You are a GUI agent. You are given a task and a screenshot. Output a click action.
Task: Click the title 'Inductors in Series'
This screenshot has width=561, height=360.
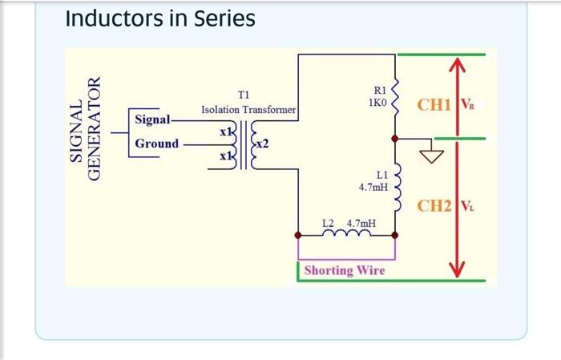160,18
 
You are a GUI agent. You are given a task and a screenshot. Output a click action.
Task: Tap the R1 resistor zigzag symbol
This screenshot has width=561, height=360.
395,97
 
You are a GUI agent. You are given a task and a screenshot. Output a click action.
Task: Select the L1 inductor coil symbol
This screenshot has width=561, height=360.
397,187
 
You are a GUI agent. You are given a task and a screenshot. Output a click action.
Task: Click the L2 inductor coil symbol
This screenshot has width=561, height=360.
346,233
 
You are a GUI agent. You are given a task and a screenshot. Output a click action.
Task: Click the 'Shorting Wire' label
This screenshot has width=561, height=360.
345,270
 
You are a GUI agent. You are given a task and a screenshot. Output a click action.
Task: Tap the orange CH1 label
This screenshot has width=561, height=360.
434,105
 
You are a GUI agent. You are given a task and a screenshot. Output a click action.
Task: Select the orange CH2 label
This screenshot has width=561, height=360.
434,206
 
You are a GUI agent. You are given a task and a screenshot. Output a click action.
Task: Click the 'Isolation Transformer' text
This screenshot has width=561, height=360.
248,110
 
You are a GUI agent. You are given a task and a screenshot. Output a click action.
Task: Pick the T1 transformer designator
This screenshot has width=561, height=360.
244,95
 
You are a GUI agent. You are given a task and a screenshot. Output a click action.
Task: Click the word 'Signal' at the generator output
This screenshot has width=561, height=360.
153,119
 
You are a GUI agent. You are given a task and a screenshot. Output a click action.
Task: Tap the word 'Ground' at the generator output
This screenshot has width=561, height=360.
157,144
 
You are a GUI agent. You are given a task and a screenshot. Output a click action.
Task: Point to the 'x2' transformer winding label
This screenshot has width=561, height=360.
262,144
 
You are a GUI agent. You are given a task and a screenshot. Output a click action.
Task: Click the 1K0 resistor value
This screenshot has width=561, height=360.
377,103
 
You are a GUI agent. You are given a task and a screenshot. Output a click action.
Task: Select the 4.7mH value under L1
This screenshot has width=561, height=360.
373,187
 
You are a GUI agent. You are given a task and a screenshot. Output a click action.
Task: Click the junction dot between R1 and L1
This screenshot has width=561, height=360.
395,139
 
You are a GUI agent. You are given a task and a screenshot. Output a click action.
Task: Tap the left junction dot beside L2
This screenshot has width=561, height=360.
298,235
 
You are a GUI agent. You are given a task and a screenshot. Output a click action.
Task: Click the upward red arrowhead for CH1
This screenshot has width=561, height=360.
457,64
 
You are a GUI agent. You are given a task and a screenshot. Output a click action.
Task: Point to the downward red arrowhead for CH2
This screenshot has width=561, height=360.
457,269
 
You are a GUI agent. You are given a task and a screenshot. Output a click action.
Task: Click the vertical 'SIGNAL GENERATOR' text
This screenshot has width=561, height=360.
85,129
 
